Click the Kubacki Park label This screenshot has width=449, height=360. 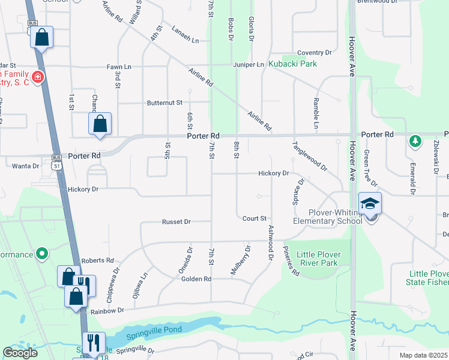pyautogui.click(x=292, y=64)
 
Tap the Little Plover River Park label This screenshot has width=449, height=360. pyautogui.click(x=318, y=259)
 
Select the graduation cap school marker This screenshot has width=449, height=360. pyautogui.click(x=370, y=204)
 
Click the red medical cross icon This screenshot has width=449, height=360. pyautogui.click(x=37, y=77)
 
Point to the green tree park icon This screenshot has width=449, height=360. pyautogui.click(x=414, y=141)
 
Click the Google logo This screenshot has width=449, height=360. pyautogui.click(x=20, y=353)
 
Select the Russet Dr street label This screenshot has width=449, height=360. pyautogui.click(x=176, y=221)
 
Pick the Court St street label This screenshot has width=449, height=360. pyautogui.click(x=254, y=218)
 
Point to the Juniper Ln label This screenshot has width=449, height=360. pyautogui.click(x=252, y=64)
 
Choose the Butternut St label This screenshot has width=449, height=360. pyautogui.click(x=164, y=103)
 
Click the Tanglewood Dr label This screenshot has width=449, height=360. pyautogui.click(x=310, y=157)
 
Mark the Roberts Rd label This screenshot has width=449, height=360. pyautogui.click(x=97, y=260)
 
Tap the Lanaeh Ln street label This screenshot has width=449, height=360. pyautogui.click(x=184, y=36)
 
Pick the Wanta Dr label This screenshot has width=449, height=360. pyautogui.click(x=25, y=166)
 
